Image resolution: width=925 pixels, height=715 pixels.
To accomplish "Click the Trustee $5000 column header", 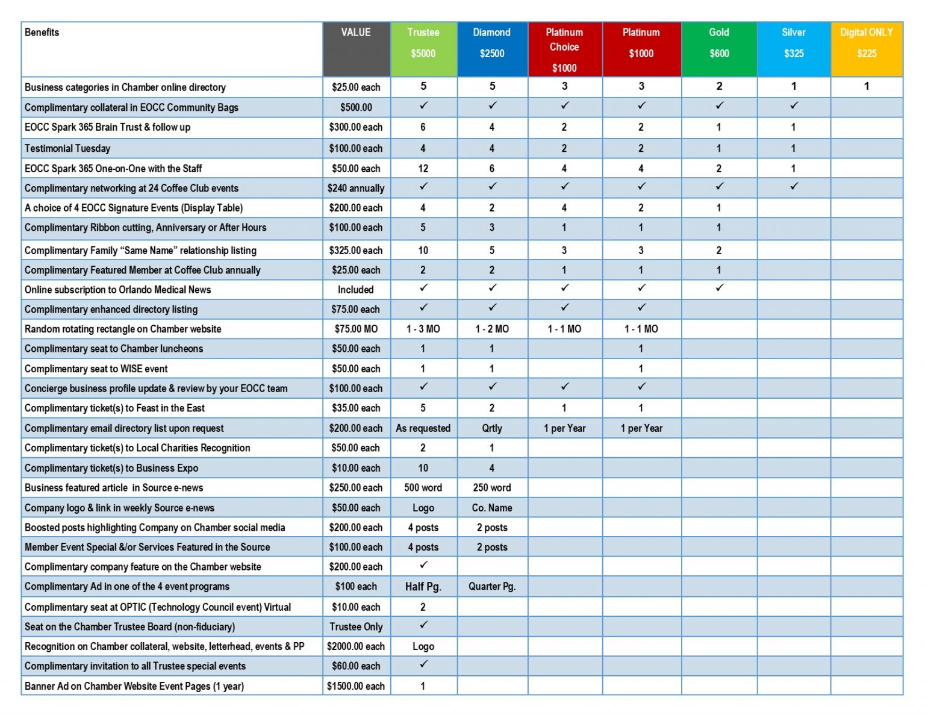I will [x=423, y=43].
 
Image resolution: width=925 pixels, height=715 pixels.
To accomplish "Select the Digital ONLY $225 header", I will [x=867, y=43].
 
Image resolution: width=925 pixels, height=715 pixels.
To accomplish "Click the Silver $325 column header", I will [x=793, y=43].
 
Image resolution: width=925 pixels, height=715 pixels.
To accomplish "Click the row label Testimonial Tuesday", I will [x=67, y=148].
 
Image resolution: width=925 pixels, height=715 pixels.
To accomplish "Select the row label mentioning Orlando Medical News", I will [x=118, y=290].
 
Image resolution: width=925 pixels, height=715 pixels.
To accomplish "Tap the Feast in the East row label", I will [x=114, y=408].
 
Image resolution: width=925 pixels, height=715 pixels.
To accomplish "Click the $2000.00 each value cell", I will [x=356, y=646].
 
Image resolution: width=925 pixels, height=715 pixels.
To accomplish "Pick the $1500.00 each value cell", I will [x=356, y=686].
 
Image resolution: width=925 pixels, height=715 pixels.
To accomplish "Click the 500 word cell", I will [x=423, y=488].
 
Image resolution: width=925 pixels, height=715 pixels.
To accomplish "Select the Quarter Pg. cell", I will [x=492, y=587].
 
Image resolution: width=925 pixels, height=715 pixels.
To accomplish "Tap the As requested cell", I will [x=423, y=428].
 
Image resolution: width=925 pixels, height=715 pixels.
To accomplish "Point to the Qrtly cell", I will [x=492, y=428].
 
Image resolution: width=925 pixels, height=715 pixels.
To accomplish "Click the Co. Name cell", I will [x=492, y=508].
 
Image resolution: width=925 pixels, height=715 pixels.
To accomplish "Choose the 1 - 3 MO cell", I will [x=423, y=329].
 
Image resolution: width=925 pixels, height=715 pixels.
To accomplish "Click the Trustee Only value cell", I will [x=356, y=626].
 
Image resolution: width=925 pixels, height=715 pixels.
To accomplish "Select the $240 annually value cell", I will [x=356, y=189].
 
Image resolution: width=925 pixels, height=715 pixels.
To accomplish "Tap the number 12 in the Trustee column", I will [x=423, y=169].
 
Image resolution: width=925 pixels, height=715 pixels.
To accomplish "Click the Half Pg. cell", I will [x=423, y=587].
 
